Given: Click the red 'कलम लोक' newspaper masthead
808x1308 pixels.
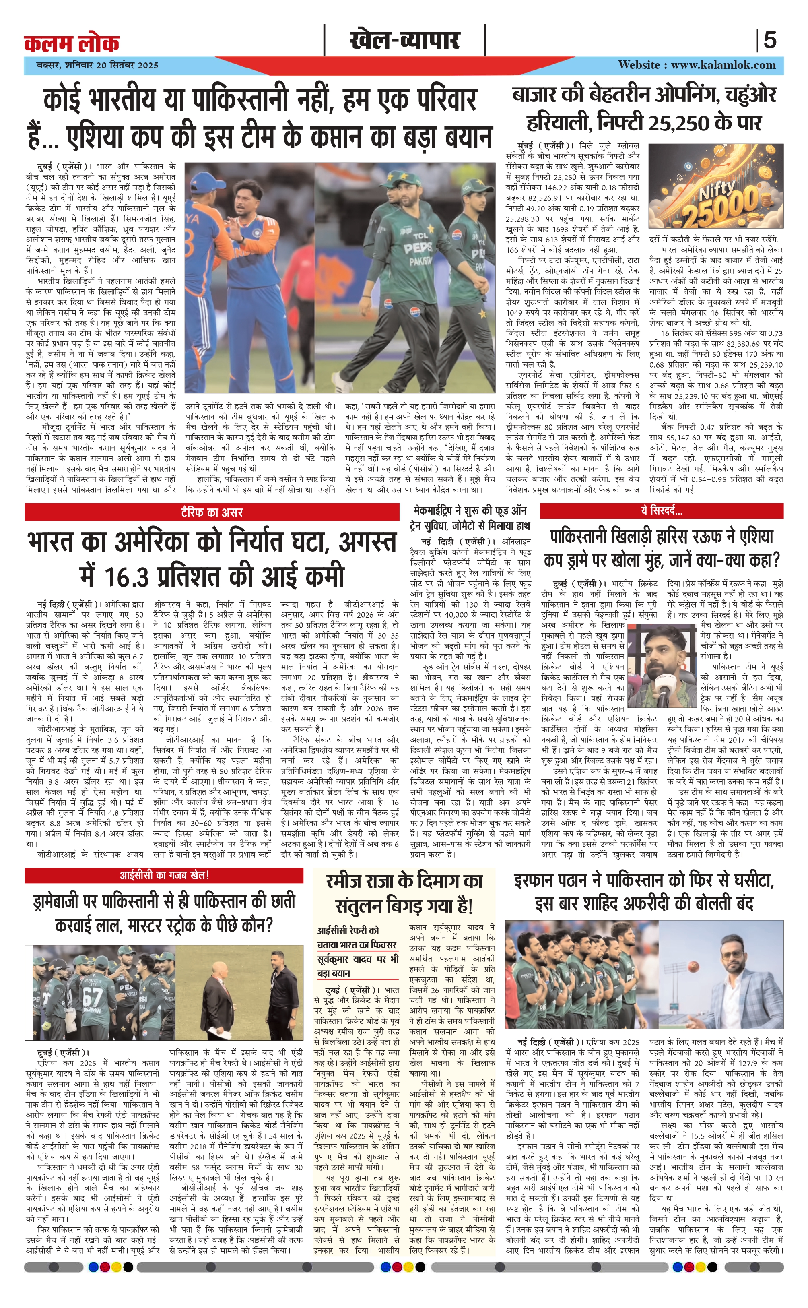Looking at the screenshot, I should point(72,43).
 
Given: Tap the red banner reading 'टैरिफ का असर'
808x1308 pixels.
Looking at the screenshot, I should point(212,512).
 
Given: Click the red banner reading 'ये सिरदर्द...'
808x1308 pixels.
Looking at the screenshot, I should point(661,511).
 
